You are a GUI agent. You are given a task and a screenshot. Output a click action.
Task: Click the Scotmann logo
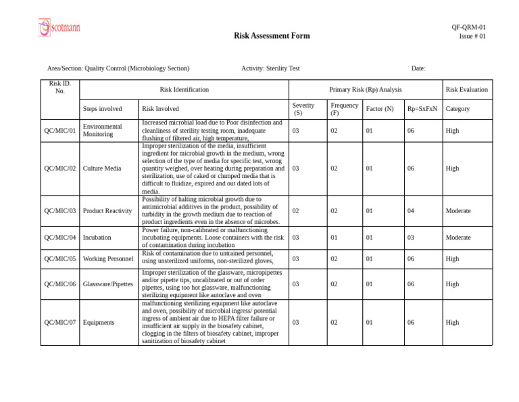59,27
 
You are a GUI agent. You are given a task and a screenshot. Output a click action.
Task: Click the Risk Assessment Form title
272,36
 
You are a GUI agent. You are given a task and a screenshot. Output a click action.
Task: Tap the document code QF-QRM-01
468,27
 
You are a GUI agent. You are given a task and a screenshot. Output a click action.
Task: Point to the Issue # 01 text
472,37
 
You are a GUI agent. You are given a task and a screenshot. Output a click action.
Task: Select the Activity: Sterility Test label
270,68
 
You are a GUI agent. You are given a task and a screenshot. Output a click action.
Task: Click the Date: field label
418,68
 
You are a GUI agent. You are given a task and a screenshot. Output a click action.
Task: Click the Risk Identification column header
184,89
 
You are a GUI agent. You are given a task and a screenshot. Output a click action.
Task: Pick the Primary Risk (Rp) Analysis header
365,89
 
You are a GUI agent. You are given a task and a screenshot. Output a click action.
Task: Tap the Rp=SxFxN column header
422,109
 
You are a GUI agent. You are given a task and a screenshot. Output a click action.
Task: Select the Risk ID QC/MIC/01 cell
59,131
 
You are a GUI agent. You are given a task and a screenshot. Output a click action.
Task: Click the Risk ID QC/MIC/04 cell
59,238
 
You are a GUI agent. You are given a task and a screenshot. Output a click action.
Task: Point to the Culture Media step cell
101,169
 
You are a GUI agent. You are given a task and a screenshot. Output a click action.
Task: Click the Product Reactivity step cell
107,211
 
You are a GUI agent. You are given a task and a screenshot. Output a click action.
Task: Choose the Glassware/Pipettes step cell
108,284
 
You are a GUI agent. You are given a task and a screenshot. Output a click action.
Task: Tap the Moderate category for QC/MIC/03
458,211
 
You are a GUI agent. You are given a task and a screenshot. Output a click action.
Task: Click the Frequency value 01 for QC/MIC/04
334,238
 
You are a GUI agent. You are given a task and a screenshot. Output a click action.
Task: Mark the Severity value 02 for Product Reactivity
295,211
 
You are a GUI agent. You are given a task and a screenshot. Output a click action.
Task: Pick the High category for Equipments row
453,323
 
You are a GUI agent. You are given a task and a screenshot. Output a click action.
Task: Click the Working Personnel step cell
108,259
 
